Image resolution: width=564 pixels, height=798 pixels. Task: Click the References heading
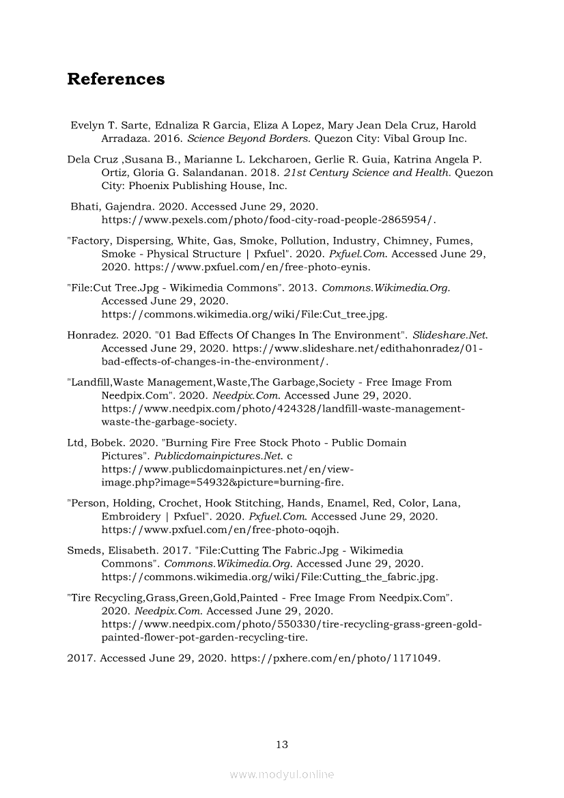115,79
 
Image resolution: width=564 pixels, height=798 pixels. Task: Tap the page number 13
282,744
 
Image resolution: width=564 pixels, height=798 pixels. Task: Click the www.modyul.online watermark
282,774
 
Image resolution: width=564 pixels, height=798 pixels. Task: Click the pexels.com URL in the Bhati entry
268,219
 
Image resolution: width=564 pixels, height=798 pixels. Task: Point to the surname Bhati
85,205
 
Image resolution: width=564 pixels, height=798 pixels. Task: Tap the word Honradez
92,334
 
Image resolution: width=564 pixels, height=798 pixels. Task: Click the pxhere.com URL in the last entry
336,658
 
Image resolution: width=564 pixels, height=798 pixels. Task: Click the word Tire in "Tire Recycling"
81,597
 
